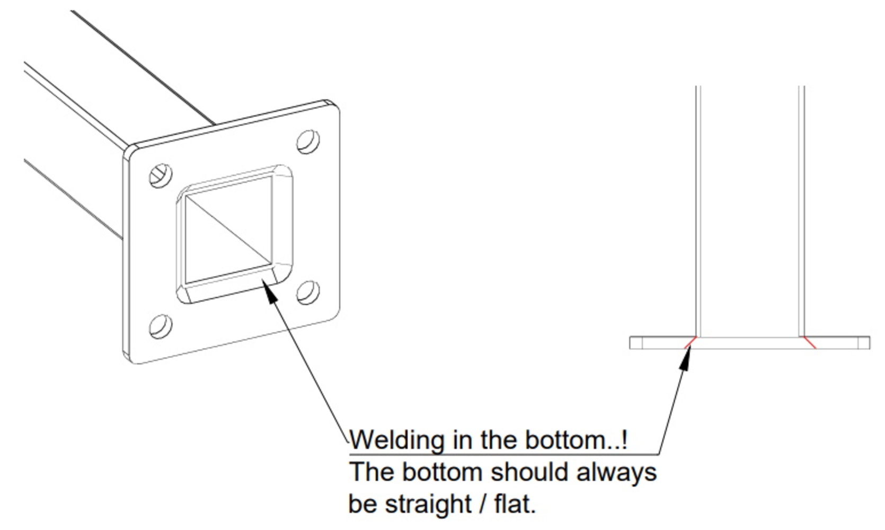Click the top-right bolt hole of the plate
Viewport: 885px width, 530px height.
click(308, 142)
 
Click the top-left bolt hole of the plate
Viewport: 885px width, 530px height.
click(161, 175)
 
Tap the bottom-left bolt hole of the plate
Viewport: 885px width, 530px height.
click(161, 326)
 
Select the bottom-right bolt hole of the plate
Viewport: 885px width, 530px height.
click(308, 293)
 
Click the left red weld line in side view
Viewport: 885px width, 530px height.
click(690, 342)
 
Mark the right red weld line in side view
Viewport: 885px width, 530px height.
click(809, 342)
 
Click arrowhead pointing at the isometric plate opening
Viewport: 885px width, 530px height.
click(271, 291)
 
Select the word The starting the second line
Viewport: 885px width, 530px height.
click(371, 472)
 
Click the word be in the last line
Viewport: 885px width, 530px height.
click(362, 504)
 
